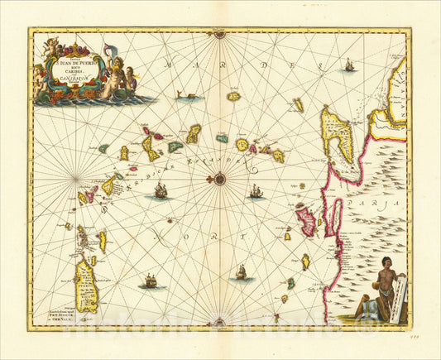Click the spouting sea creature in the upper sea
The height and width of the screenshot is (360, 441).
pos(190,96)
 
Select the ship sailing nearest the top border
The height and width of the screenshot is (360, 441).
pos(348,64)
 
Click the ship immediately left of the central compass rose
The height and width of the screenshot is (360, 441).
pos(161,190)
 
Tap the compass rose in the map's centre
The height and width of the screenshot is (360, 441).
pos(219,177)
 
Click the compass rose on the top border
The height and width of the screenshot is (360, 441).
pos(219,35)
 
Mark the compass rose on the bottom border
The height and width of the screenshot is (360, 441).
pos(219,321)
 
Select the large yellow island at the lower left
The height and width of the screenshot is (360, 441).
pos(85,285)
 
